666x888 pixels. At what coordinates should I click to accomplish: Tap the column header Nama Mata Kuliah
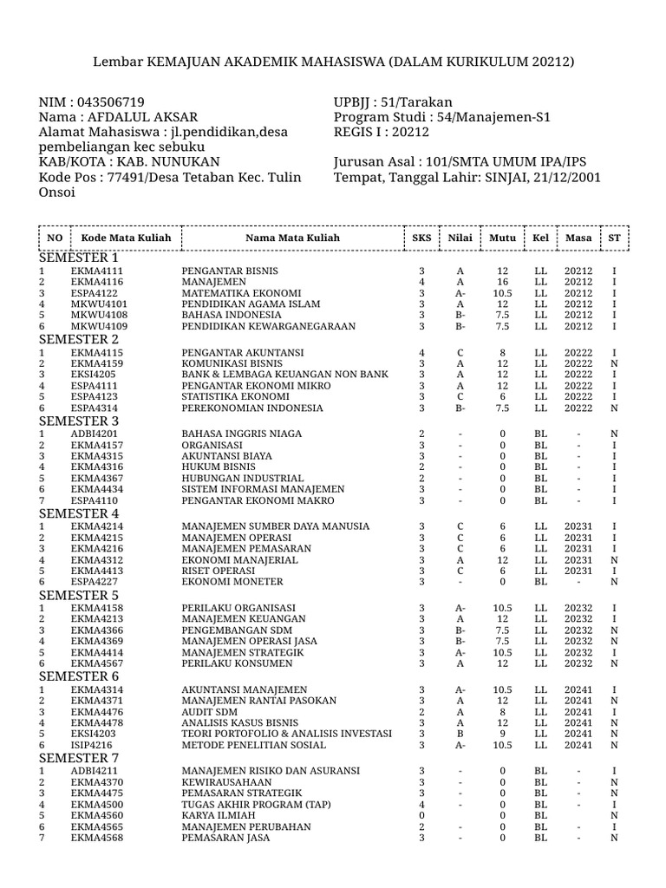point(292,238)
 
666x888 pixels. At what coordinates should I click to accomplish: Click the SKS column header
point(421,238)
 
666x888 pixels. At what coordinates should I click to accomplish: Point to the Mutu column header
point(502,238)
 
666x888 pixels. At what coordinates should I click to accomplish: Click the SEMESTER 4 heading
point(79,512)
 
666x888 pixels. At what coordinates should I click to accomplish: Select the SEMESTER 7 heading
point(79,758)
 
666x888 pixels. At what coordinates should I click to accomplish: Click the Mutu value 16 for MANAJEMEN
point(502,283)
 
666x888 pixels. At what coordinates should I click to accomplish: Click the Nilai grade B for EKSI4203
point(460,734)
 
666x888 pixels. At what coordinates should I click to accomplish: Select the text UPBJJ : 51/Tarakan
point(387,101)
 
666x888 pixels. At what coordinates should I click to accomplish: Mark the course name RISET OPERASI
point(217,571)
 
